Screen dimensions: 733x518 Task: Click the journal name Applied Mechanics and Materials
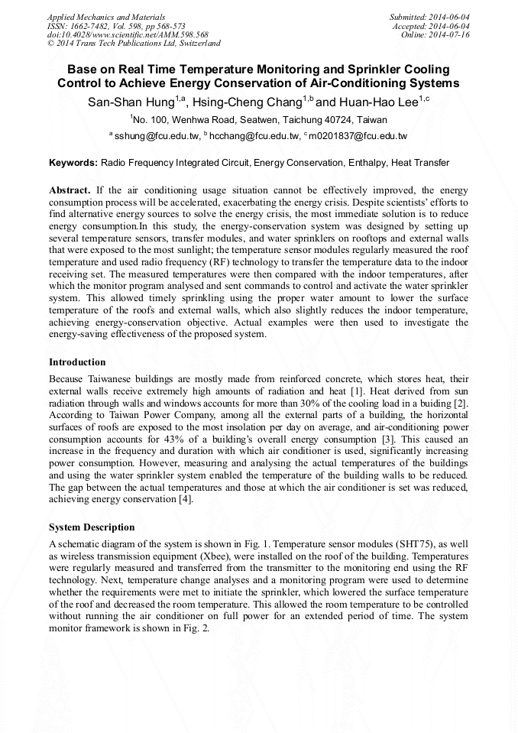click(x=105, y=16)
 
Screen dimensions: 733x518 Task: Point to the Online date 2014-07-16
click(x=449, y=34)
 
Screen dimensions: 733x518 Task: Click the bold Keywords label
click(x=73, y=163)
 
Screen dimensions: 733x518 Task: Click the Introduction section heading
click(x=77, y=362)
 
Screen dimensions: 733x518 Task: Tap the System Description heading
click(x=92, y=527)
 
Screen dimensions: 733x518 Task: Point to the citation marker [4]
click(x=185, y=500)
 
